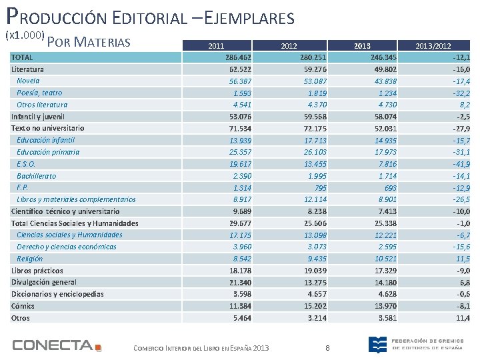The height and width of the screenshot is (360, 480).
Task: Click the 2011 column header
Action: [x=216, y=46]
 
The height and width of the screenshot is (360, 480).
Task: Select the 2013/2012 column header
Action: [x=433, y=46]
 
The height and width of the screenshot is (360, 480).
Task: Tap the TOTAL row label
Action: [x=22, y=57]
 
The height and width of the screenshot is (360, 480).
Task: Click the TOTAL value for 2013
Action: [x=383, y=57]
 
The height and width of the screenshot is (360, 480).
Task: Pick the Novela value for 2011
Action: [x=240, y=81]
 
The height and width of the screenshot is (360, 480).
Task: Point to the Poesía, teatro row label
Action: [x=39, y=93]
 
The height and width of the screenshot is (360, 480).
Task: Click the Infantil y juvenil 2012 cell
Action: [x=315, y=117]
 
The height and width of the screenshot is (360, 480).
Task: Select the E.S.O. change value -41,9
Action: [x=461, y=165]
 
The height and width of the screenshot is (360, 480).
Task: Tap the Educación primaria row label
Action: [x=48, y=153]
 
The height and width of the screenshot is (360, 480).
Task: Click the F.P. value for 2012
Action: [x=320, y=188]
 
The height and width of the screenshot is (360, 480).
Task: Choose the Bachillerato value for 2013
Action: [x=387, y=176]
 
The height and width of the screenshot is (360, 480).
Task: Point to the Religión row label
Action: [x=30, y=259]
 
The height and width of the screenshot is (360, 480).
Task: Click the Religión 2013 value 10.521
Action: [x=386, y=259]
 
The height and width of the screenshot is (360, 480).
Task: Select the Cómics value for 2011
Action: [x=240, y=306]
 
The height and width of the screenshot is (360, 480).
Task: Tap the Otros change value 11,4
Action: [x=463, y=318]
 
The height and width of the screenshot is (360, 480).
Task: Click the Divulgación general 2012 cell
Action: [x=315, y=283]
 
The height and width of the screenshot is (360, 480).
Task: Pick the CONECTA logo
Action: [x=57, y=345]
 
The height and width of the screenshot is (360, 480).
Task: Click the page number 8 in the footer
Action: [x=327, y=348]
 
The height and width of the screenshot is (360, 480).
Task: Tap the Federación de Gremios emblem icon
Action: [x=377, y=345]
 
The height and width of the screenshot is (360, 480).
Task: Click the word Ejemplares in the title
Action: [x=249, y=18]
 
